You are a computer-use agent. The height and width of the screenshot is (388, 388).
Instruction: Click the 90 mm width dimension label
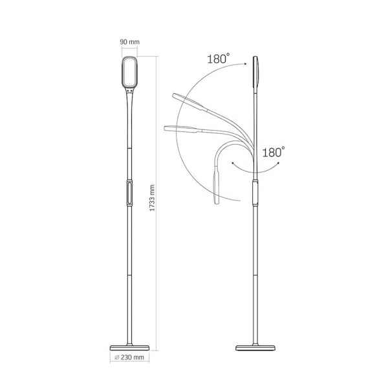pos(130,42)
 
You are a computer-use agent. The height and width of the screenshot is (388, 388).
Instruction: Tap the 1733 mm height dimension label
pos(152,198)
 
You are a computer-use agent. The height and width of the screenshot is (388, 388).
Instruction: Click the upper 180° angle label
pos(219,59)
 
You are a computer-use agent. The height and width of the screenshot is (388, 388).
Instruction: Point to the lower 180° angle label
pos(274,152)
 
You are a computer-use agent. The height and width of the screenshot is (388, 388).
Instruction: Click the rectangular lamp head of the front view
pos(129,72)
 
